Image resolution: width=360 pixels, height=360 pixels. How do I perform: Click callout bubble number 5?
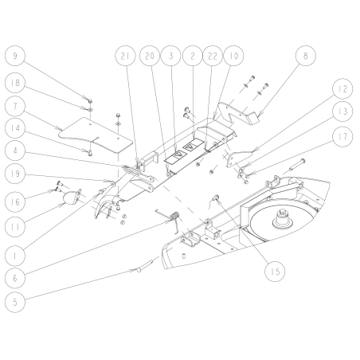(15, 303)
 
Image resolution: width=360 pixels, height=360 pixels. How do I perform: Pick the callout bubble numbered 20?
(148, 57)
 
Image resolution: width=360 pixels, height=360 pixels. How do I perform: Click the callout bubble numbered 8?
(307, 57)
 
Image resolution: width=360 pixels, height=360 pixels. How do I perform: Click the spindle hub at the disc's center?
(283, 217)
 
